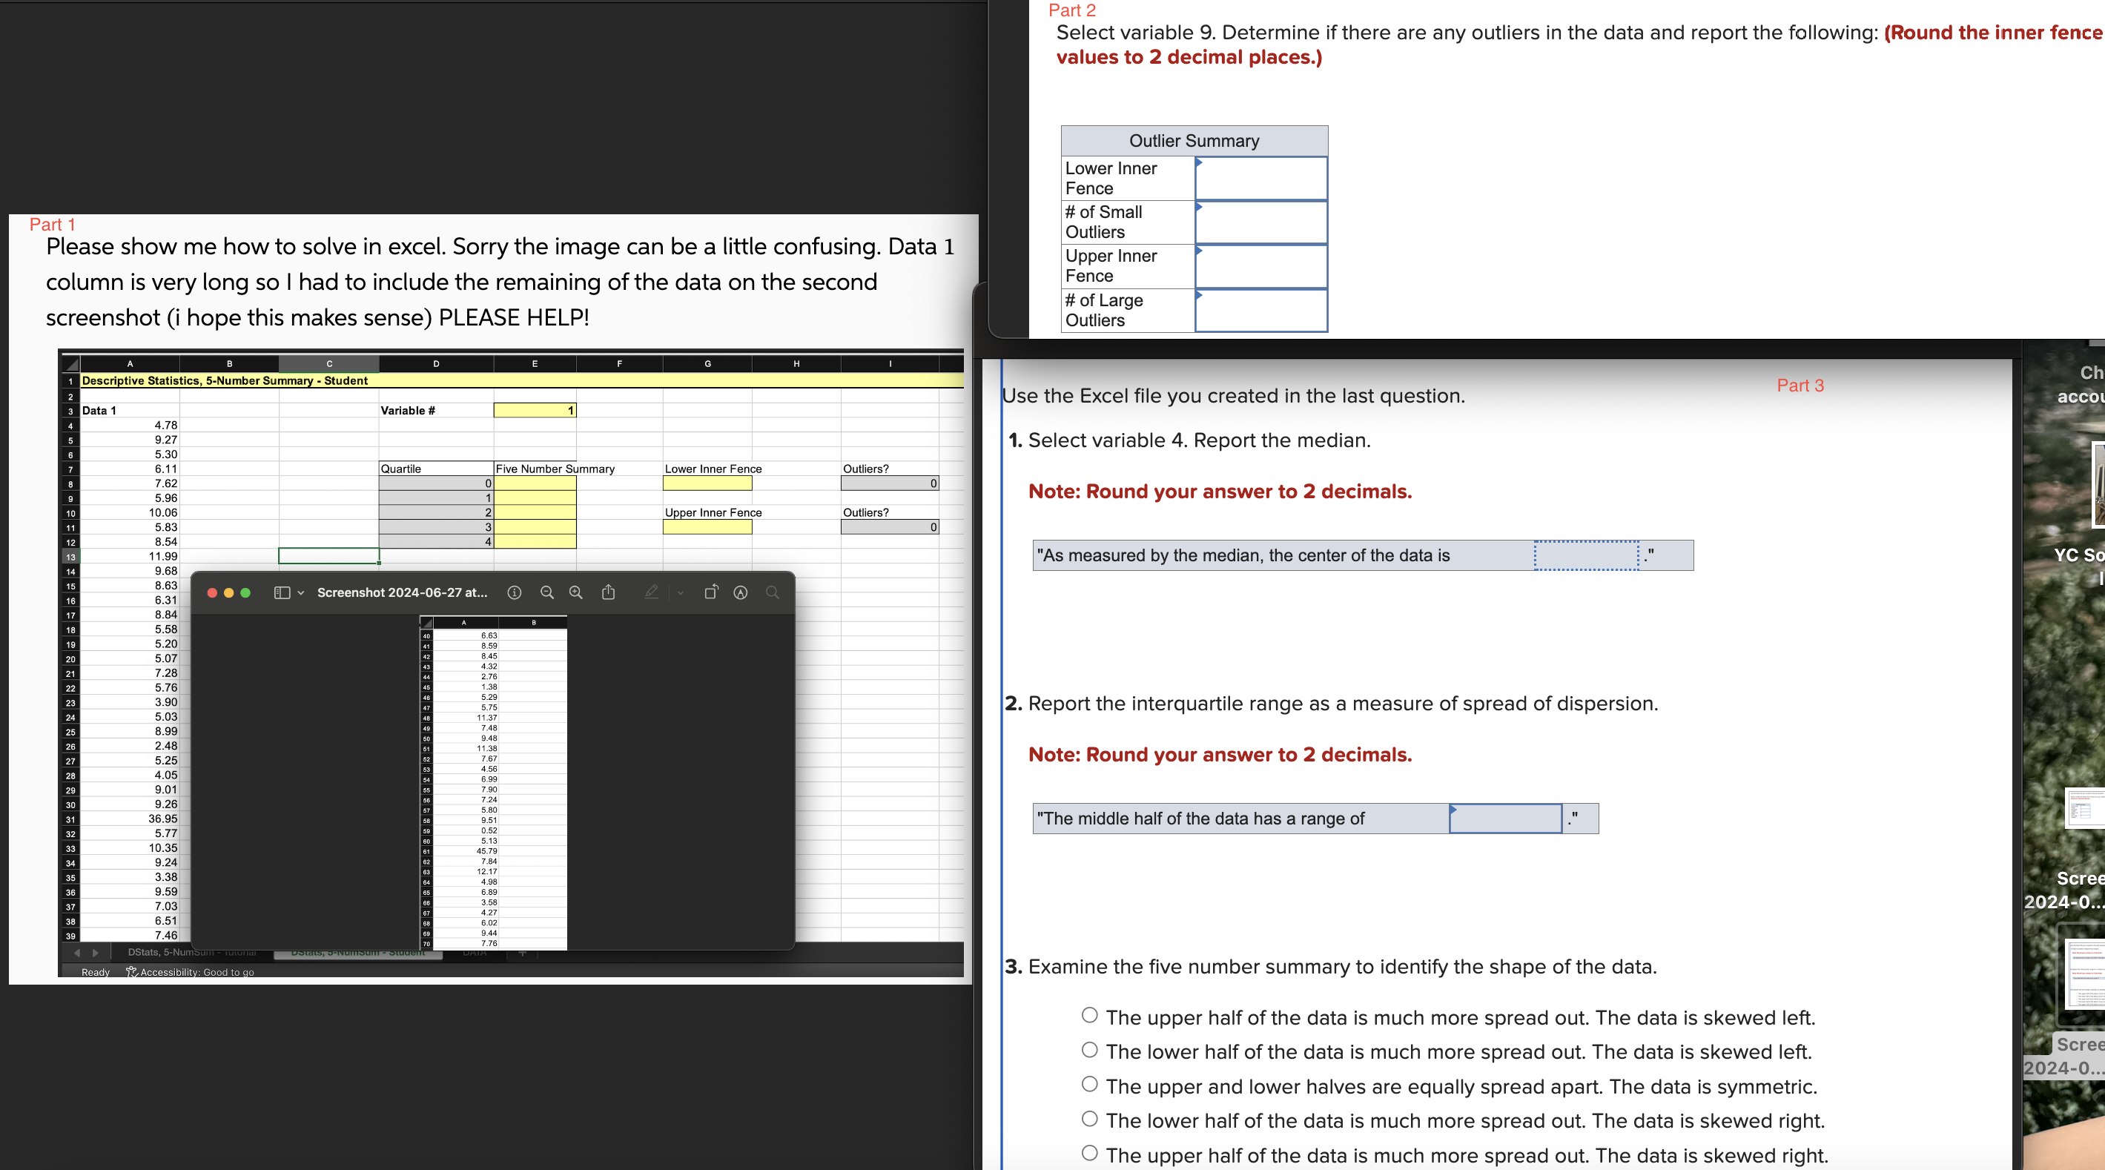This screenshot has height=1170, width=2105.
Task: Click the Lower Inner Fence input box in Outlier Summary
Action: click(x=1260, y=178)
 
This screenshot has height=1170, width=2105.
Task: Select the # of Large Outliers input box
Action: click(x=1260, y=311)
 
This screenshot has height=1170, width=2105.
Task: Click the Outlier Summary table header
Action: click(x=1193, y=141)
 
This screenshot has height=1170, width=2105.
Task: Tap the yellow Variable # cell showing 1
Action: click(x=535, y=410)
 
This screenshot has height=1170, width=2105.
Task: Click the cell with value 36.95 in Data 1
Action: click(x=162, y=819)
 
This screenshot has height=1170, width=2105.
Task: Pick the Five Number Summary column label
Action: click(x=555, y=469)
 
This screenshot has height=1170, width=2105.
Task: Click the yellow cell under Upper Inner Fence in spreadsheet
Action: click(x=707, y=528)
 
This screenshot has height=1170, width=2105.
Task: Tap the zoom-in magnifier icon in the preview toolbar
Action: click(x=576, y=593)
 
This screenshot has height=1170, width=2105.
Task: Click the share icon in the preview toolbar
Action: click(x=609, y=593)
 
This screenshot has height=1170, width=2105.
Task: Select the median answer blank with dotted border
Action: click(x=1585, y=555)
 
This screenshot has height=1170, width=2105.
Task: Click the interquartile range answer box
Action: click(x=1504, y=819)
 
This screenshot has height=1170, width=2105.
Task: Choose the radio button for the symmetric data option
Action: click(x=1089, y=1085)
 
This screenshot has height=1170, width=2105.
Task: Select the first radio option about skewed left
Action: click(x=1089, y=1016)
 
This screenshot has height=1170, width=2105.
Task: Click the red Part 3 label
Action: click(x=1800, y=386)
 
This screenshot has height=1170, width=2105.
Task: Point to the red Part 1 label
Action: click(x=53, y=225)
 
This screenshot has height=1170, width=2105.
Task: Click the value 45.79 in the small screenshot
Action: click(x=487, y=851)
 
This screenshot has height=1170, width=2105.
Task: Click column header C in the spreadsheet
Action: click(x=328, y=363)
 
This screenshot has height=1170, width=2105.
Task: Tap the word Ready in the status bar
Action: click(x=96, y=972)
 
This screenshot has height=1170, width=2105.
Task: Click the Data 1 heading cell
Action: click(x=99, y=410)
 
